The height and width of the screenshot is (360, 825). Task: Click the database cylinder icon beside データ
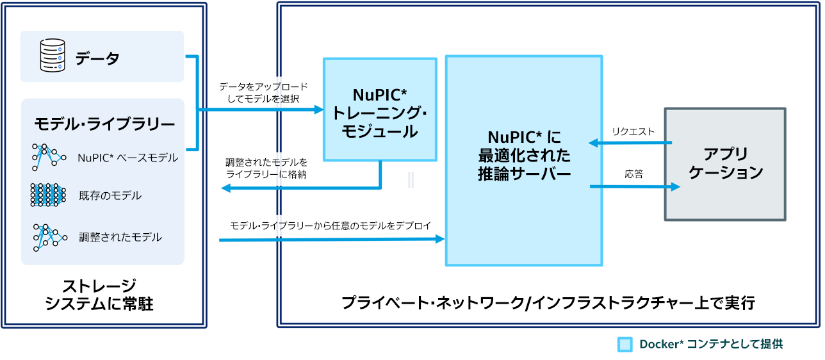(53, 56)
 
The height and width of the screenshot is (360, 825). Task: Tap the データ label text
(97, 59)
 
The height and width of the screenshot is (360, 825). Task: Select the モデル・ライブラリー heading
(104, 123)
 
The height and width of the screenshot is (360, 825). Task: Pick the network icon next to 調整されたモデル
(49, 237)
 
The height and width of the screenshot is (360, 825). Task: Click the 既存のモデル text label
(110, 195)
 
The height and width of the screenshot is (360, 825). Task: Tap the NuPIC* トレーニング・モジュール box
(380, 109)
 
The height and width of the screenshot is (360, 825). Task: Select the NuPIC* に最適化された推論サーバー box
(523, 160)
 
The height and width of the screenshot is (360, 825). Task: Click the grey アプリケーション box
(725, 164)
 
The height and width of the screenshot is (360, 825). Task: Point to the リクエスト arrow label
(633, 131)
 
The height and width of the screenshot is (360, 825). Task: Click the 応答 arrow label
(634, 174)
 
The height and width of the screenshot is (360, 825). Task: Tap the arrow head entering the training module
(320, 110)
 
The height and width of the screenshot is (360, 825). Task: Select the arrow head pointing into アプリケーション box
(675, 187)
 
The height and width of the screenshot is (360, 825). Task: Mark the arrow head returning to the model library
(224, 188)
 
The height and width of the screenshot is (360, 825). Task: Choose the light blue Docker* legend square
(625, 345)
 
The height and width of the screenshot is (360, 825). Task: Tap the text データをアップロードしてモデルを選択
(263, 92)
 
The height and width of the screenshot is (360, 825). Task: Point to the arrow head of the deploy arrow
(441, 239)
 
